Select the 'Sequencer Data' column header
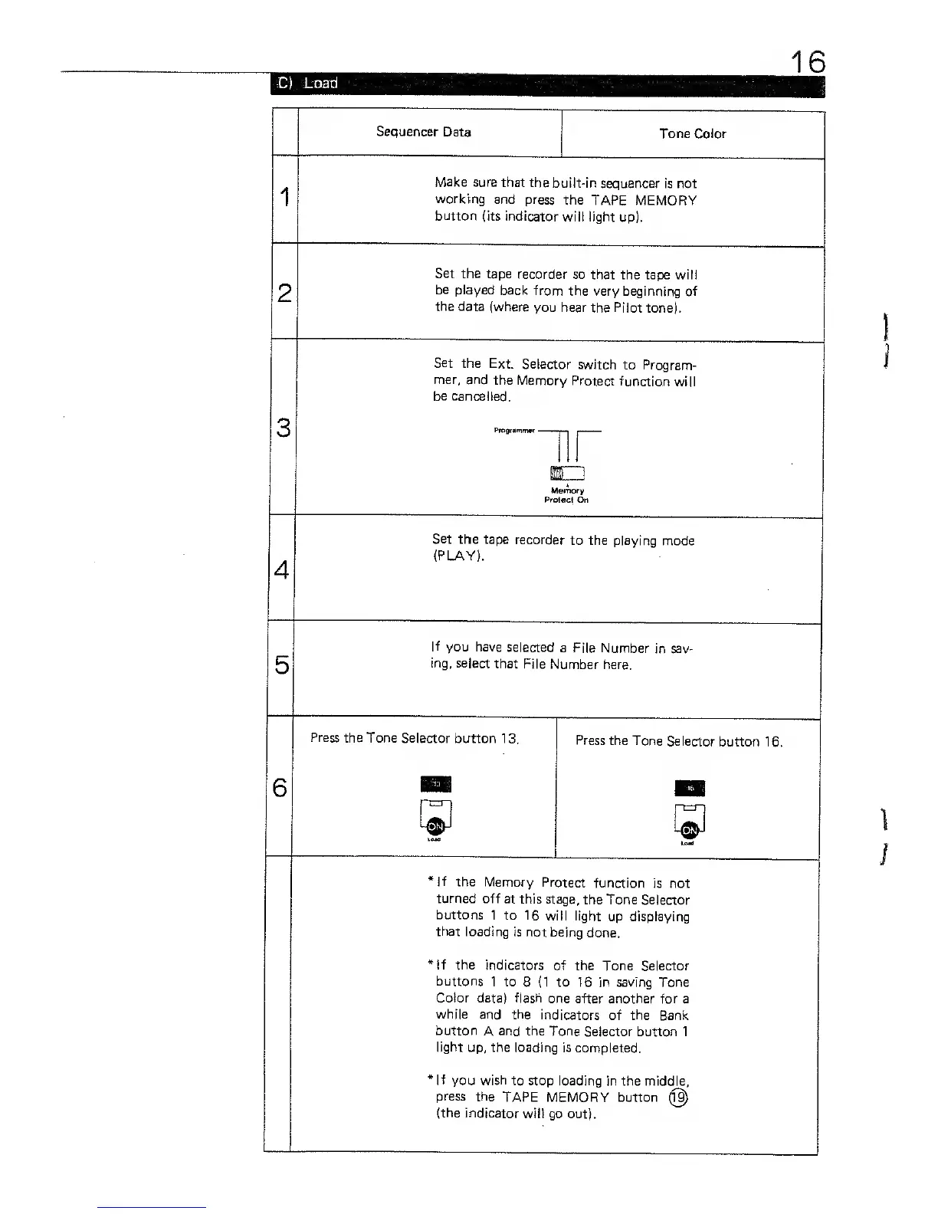pyautogui.click(x=423, y=132)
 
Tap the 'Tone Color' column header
pyautogui.click(x=692, y=133)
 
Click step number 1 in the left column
pyautogui.click(x=284, y=197)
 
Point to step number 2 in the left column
pyautogui.click(x=284, y=292)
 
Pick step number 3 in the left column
pyautogui.click(x=283, y=427)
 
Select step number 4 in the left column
pyautogui.click(x=281, y=570)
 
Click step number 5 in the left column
pyautogui.click(x=281, y=664)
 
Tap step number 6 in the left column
pyautogui.click(x=280, y=787)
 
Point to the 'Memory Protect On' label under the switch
pyautogui.click(x=566, y=495)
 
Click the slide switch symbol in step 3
pyautogui.click(x=567, y=472)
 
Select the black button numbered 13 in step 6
pyautogui.click(x=435, y=784)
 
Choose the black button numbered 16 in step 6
pyautogui.click(x=689, y=789)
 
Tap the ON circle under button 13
pyautogui.click(x=435, y=827)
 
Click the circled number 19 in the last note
pyautogui.click(x=678, y=1098)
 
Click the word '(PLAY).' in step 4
pyautogui.click(x=458, y=556)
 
